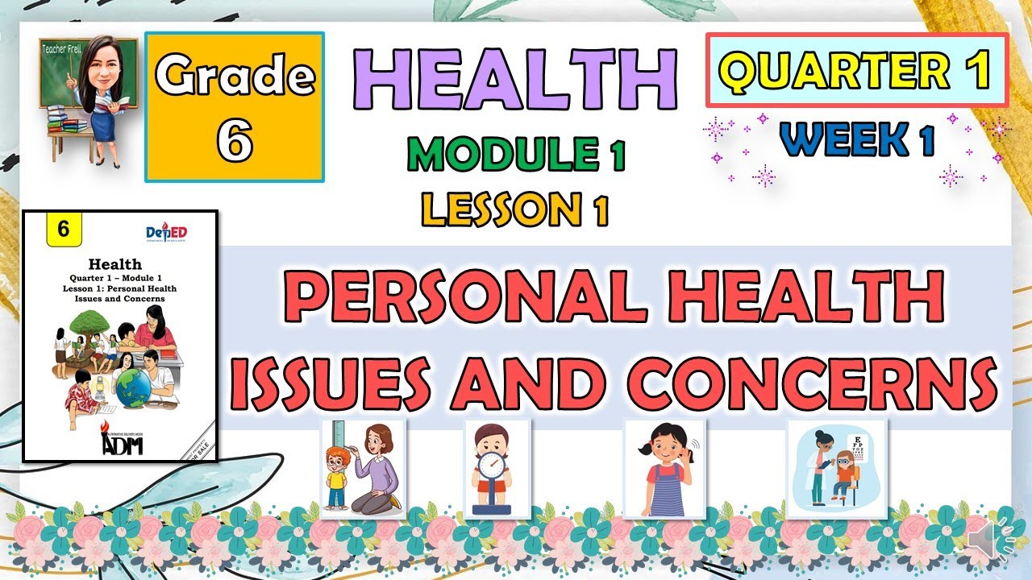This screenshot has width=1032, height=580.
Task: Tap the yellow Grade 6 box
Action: click(x=235, y=106)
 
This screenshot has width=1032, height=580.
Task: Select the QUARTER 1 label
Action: click(x=856, y=70)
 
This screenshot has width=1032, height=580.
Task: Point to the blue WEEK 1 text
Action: click(x=857, y=139)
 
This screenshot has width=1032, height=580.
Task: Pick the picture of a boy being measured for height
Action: click(x=364, y=469)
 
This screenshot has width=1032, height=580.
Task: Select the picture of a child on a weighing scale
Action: click(x=497, y=469)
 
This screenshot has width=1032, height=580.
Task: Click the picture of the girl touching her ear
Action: click(x=664, y=469)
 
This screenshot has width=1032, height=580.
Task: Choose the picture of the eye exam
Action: click(x=837, y=469)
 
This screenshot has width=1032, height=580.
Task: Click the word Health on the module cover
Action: click(x=119, y=263)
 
